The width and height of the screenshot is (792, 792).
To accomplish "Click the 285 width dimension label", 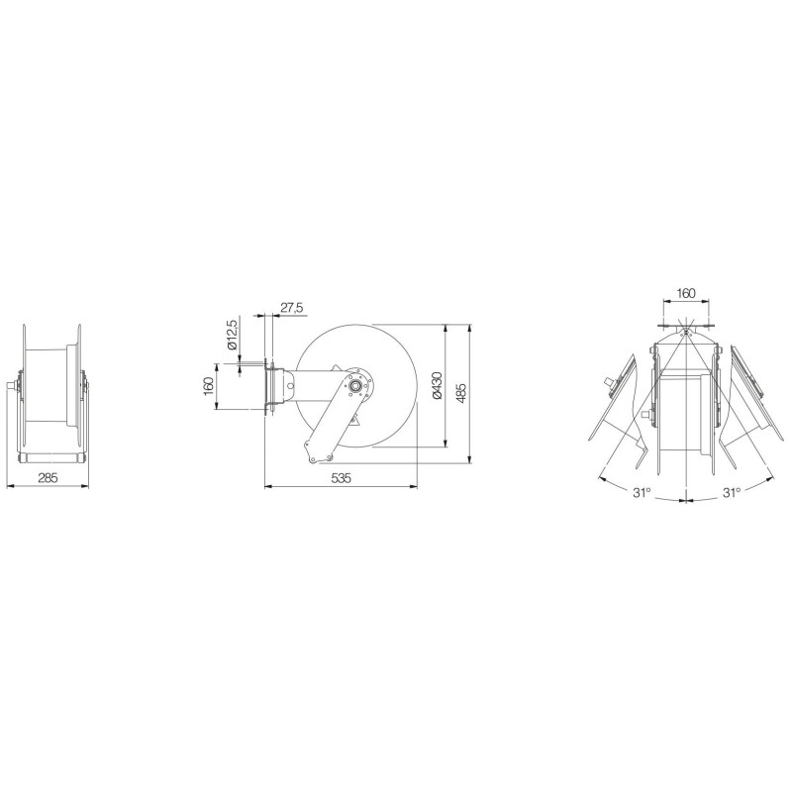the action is [49, 477].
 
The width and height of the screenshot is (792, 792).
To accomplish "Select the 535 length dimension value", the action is [341, 478].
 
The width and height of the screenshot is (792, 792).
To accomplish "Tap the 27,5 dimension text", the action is [291, 308].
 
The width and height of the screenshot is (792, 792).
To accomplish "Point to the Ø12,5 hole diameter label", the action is [233, 335].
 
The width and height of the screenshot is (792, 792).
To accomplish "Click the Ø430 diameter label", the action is [438, 385].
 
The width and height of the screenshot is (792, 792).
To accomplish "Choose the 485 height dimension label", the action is [461, 394].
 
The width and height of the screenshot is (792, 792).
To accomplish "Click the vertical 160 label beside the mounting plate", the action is [209, 386].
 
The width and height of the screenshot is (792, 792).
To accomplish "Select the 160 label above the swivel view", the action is [685, 293].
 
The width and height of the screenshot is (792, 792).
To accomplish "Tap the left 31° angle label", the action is [642, 492].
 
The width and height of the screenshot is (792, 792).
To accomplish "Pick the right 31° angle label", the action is [731, 492].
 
